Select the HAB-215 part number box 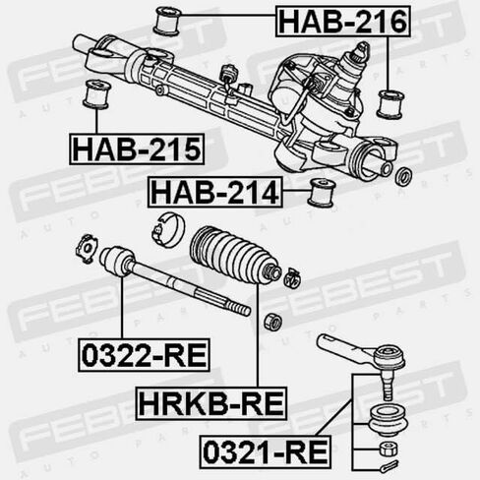pos(136,149)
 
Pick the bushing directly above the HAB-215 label pos(96,96)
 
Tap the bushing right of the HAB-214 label pos(320,192)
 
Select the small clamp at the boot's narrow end pos(291,276)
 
